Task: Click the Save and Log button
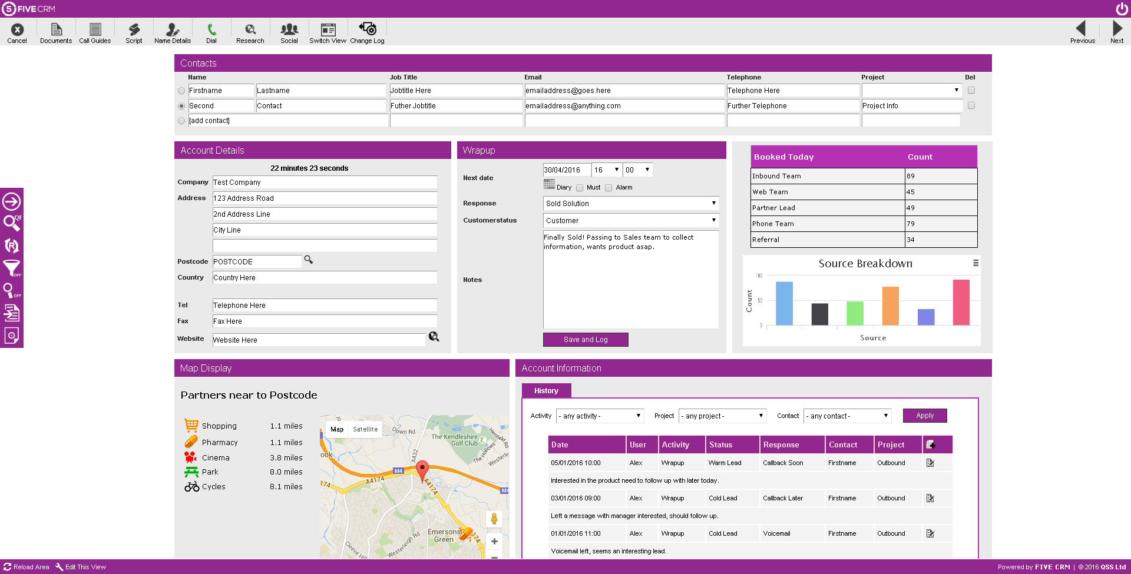(585, 340)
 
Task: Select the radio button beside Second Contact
(181, 106)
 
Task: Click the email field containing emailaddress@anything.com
(624, 106)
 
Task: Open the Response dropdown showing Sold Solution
(630, 204)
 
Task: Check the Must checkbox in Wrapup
(580, 188)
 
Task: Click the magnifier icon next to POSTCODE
(308, 260)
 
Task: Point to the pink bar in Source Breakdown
(961, 303)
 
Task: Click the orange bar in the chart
(890, 306)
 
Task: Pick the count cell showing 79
(940, 224)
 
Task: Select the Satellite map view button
(365, 429)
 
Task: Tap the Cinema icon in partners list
(191, 457)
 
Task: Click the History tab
(546, 391)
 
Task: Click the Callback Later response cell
(783, 498)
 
